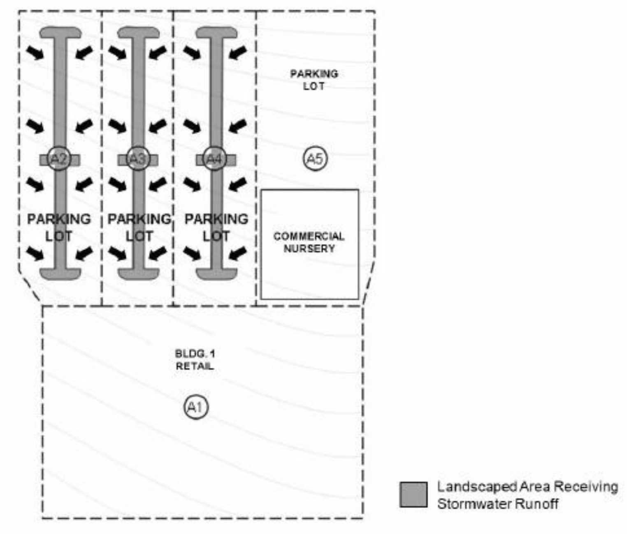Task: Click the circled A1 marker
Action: (196, 407)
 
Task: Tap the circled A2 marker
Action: (59, 159)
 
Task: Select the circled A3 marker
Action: (138, 159)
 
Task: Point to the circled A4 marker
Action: (214, 159)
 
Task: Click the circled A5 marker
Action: (316, 159)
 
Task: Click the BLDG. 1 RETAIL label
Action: (195, 360)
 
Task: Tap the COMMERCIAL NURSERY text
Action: (309, 242)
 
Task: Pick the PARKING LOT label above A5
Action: (314, 80)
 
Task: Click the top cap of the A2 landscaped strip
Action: (60, 33)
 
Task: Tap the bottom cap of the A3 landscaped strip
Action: (138, 273)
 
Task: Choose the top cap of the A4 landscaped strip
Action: (216, 33)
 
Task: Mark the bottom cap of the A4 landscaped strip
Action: (216, 273)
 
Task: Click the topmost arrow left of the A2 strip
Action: (35, 52)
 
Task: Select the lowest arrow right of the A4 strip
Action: (237, 253)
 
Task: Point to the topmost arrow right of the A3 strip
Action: (158, 52)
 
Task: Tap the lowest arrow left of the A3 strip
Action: (117, 253)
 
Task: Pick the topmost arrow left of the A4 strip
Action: (192, 52)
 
